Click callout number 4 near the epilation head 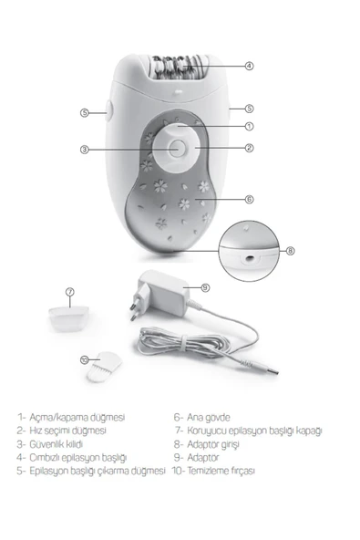click(x=249, y=66)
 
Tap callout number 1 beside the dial click(x=249, y=127)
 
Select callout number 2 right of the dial click(x=249, y=148)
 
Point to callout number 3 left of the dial click(x=85, y=150)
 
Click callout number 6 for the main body click(x=249, y=199)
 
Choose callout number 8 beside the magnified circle click(x=291, y=251)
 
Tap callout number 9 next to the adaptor click(x=205, y=287)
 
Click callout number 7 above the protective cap click(x=70, y=292)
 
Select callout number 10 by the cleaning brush click(x=85, y=360)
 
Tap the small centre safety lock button click(x=177, y=149)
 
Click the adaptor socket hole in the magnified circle click(x=249, y=257)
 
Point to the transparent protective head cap click(x=69, y=319)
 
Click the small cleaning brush click(x=104, y=366)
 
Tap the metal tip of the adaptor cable click(x=273, y=371)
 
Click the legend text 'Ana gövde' click(x=208, y=418)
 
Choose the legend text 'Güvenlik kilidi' click(x=56, y=444)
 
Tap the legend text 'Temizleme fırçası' click(x=221, y=471)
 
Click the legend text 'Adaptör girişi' click(x=212, y=444)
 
